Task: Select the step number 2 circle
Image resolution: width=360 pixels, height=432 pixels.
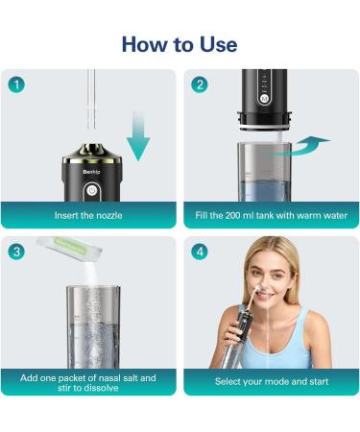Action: point(200,84)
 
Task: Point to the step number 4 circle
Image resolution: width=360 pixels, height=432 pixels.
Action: point(200,252)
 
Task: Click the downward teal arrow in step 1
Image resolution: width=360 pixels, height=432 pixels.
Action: point(140,134)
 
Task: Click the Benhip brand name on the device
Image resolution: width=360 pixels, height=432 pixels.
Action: point(90,164)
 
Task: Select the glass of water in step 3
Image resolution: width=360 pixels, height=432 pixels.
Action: point(92,331)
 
